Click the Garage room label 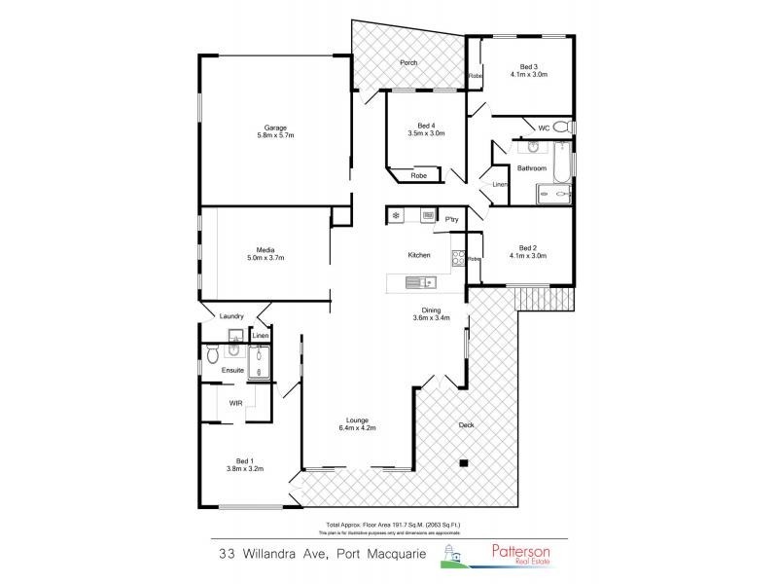(x=266, y=127)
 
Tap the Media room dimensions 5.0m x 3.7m (x=264, y=258)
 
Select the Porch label (x=408, y=63)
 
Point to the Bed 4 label (x=425, y=126)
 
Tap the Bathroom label (x=531, y=168)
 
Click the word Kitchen (x=418, y=255)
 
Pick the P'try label (x=451, y=221)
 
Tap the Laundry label (x=231, y=315)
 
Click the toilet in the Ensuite (x=213, y=356)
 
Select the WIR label (x=235, y=401)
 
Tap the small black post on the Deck (x=465, y=462)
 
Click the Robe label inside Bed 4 (x=418, y=176)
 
